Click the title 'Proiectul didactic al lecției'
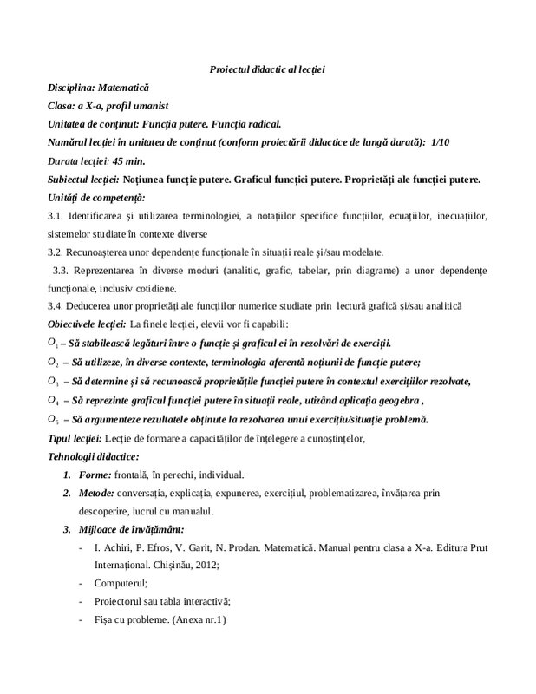pos(267,69)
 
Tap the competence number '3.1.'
pos(56,215)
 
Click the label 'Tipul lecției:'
pos(75,438)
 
